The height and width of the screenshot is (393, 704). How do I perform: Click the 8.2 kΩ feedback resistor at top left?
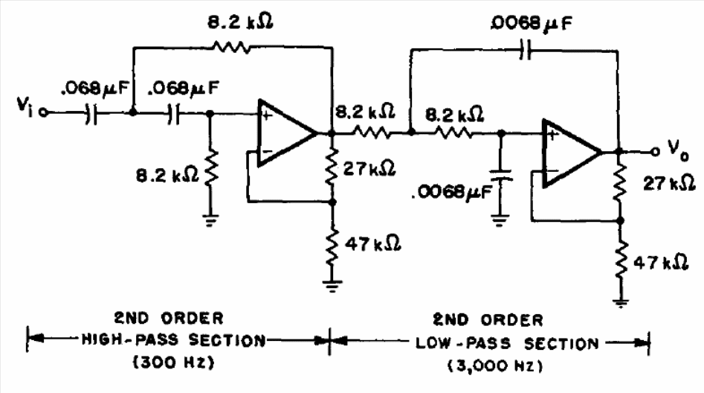coord(230,46)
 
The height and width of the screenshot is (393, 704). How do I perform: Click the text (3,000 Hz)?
coord(494,366)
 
